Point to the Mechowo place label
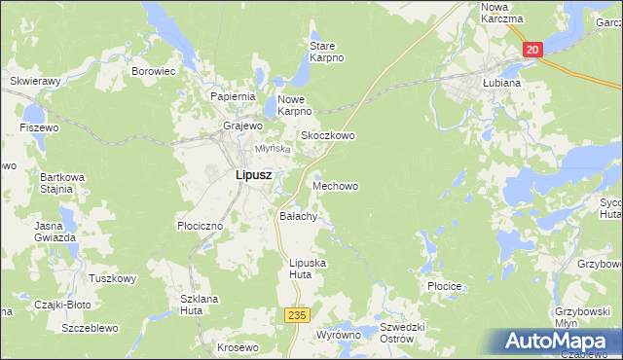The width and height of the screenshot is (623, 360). (x=334, y=185)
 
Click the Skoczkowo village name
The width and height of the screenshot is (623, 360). (x=327, y=136)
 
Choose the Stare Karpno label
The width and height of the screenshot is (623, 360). (x=327, y=52)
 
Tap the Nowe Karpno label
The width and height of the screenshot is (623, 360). (x=298, y=105)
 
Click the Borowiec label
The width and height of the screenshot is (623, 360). (x=153, y=71)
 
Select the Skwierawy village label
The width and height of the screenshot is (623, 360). (x=35, y=82)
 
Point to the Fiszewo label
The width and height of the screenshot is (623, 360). (x=39, y=127)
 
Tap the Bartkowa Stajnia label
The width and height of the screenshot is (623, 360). (x=56, y=183)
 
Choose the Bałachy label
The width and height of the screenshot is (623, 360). (x=299, y=216)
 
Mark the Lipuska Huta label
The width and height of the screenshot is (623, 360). (x=309, y=269)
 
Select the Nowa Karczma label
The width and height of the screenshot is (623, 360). (x=502, y=13)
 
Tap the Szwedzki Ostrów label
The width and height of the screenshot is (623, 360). (x=397, y=333)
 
